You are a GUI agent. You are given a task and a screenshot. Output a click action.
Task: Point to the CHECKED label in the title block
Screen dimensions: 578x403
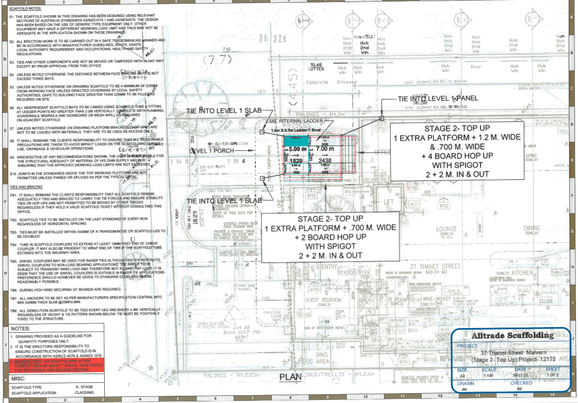521,383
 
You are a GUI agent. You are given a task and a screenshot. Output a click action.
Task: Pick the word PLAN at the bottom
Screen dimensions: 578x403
291,377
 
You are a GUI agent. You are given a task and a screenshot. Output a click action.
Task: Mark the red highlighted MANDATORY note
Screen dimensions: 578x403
57,364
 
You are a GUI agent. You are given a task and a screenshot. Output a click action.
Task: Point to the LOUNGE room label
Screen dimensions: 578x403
446,228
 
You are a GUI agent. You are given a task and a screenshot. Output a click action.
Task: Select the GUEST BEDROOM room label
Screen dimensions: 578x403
323,300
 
